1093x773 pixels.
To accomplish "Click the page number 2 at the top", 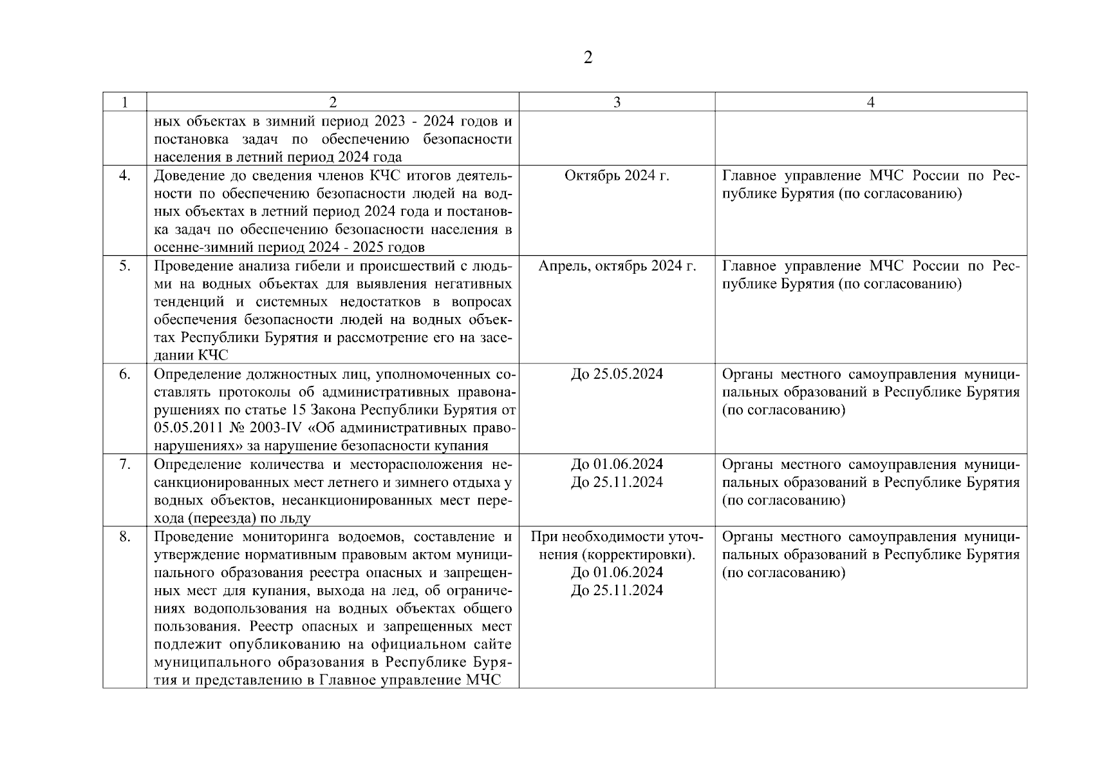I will [587, 58].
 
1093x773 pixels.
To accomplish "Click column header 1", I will [125, 102].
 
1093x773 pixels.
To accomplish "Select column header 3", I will [617, 102].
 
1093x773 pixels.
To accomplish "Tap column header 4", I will [870, 102].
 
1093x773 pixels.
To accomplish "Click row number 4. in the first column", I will [125, 176].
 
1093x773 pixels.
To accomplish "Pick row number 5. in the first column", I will [125, 266].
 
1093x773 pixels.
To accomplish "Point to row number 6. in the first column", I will [125, 374].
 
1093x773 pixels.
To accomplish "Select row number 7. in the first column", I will [125, 464].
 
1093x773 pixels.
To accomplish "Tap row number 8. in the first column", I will [125, 537].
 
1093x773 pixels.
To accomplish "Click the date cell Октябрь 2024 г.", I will [617, 176].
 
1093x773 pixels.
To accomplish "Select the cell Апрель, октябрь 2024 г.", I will [617, 266].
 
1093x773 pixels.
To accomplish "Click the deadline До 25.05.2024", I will [617, 374].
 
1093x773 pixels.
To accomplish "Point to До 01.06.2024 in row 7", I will [617, 464].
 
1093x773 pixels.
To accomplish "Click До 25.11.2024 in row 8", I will [617, 591].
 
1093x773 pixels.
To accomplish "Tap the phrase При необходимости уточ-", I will [617, 537].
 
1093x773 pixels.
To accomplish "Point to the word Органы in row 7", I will [747, 464].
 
